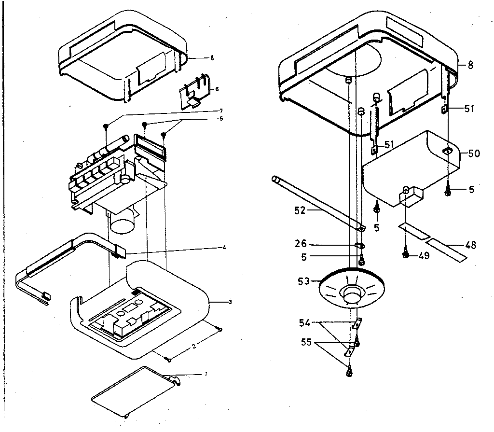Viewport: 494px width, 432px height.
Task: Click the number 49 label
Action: (x=424, y=256)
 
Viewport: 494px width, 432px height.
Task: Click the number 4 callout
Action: (x=224, y=248)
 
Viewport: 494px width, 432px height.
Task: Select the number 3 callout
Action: (x=231, y=302)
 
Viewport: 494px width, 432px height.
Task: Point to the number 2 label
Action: (x=193, y=346)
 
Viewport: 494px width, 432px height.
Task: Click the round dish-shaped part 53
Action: (x=351, y=292)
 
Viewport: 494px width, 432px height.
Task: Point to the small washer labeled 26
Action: (x=360, y=245)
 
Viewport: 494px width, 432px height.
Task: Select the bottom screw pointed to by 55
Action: (x=348, y=372)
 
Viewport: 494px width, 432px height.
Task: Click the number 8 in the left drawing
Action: (x=212, y=58)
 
